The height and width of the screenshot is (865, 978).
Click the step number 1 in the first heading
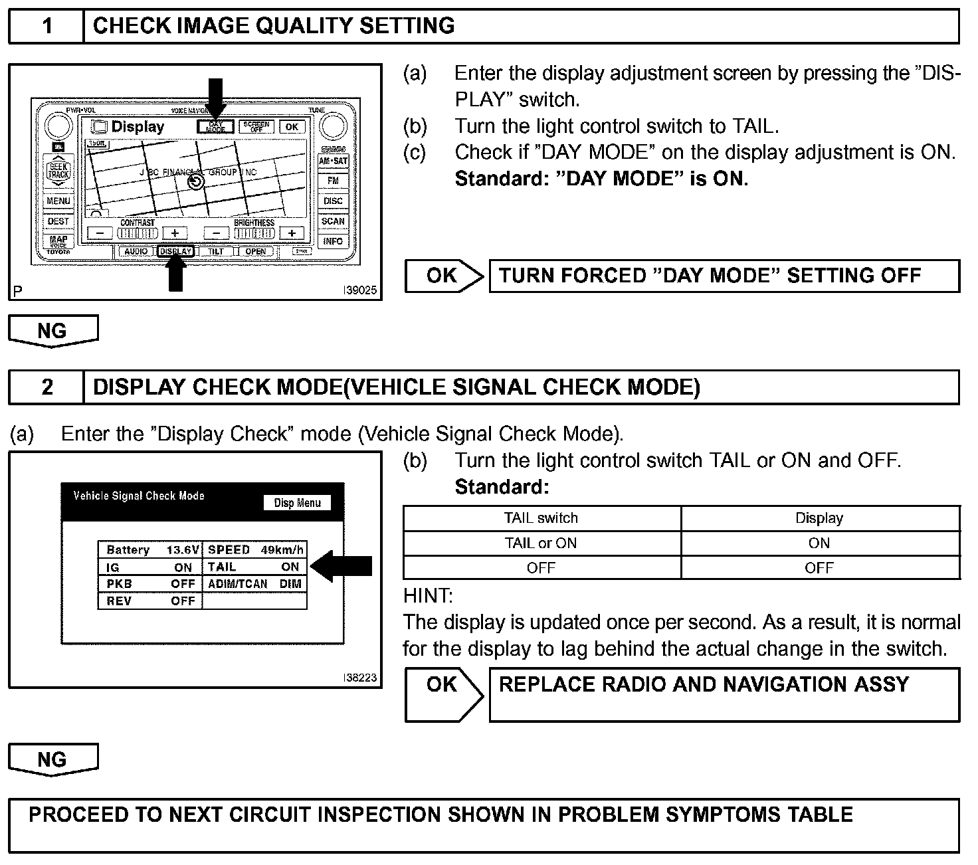[x=47, y=26]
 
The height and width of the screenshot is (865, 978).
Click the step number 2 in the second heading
[x=47, y=387]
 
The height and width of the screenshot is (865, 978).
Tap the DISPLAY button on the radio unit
[x=176, y=252]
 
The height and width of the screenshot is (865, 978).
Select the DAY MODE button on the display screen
[x=216, y=126]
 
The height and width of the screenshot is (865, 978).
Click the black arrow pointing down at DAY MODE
[x=216, y=96]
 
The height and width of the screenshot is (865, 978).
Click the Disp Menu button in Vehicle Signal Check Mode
[x=297, y=503]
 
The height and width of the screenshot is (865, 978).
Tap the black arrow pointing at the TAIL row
[x=342, y=566]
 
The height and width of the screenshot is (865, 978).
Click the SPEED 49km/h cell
[x=255, y=549]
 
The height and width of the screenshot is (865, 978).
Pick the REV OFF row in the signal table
[x=150, y=601]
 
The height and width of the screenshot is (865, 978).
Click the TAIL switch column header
[x=541, y=518]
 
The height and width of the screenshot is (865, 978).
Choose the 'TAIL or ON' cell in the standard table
[x=541, y=543]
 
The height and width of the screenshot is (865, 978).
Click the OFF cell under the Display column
[x=819, y=568]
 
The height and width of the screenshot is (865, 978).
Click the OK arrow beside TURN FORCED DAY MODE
[x=444, y=276]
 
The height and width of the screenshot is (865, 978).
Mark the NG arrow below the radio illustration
[x=52, y=330]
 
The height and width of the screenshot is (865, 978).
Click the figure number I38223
[x=359, y=678]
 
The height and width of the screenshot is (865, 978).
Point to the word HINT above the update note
[x=427, y=595]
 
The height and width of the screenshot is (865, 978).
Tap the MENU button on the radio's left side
[x=58, y=201]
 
